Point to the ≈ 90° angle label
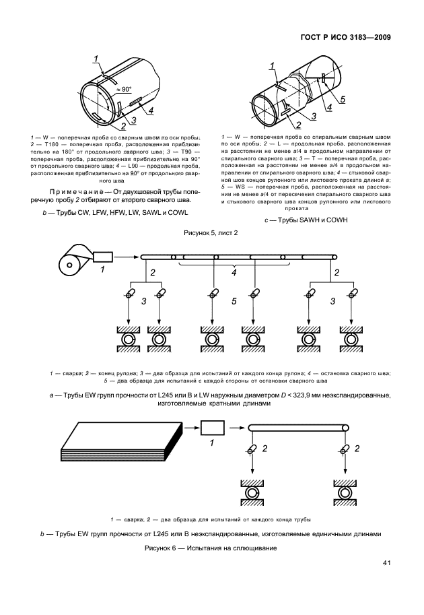click(x=123, y=88)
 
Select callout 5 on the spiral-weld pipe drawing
click(x=342, y=100)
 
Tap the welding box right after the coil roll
click(x=104, y=256)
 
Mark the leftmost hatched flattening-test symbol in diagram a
click(x=127, y=337)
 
